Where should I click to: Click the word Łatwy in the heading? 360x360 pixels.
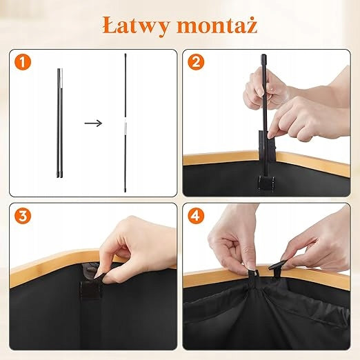pyautogui.click(x=135, y=26)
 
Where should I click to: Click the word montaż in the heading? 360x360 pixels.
pyautogui.click(x=217, y=25)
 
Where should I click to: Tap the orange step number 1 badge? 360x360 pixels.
pyautogui.click(x=23, y=62)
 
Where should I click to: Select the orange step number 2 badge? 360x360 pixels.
pyautogui.click(x=196, y=62)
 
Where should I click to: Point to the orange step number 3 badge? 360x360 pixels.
pyautogui.click(x=23, y=216)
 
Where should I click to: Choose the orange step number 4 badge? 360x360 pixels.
pyautogui.click(x=196, y=216)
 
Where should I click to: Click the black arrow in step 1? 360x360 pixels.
pyautogui.click(x=93, y=123)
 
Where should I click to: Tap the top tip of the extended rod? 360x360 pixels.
pyautogui.click(x=126, y=54)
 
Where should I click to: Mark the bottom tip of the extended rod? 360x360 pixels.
pyautogui.click(x=126, y=191)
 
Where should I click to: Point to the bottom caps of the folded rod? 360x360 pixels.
pyautogui.click(x=59, y=174)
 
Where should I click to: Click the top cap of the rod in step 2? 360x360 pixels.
pyautogui.click(x=263, y=58)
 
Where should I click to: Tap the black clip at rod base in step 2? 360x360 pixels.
pyautogui.click(x=265, y=183)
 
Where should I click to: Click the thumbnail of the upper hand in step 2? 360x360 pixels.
pyautogui.click(x=261, y=92)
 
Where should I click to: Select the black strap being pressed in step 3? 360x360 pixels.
pyautogui.click(x=91, y=288)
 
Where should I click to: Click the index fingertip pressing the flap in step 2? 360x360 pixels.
pyautogui.click(x=271, y=135)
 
